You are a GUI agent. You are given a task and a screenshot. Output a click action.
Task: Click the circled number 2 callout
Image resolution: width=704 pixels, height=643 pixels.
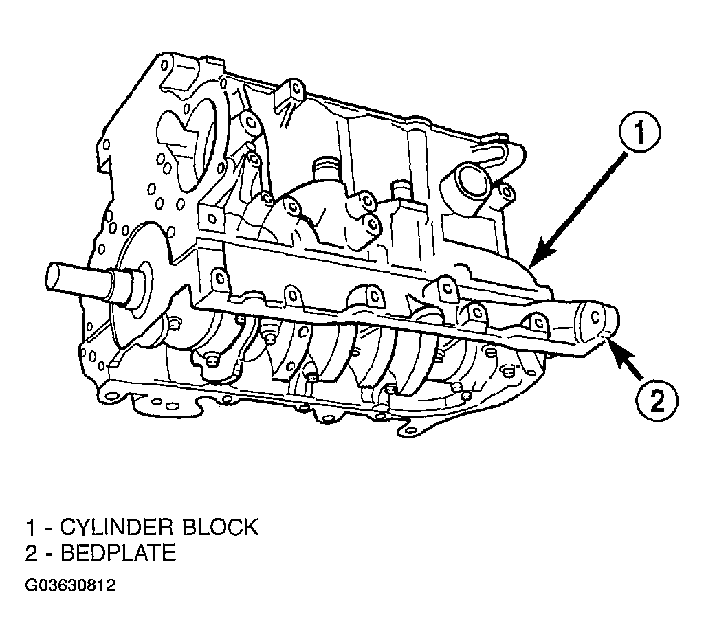(657, 401)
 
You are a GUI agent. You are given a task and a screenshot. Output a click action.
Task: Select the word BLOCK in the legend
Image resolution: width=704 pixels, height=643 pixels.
(221, 527)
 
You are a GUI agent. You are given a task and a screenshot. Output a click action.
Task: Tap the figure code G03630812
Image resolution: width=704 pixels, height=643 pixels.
(70, 585)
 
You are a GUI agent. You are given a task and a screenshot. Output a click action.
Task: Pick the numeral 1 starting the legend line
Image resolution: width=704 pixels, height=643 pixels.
(30, 527)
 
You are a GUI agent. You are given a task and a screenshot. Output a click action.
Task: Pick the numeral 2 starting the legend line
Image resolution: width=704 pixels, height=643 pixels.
(31, 553)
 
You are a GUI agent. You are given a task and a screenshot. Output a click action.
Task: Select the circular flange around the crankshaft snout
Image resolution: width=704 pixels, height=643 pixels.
(130, 287)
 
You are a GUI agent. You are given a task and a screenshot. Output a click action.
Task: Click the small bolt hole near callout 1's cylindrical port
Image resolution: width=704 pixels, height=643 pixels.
(507, 192)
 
